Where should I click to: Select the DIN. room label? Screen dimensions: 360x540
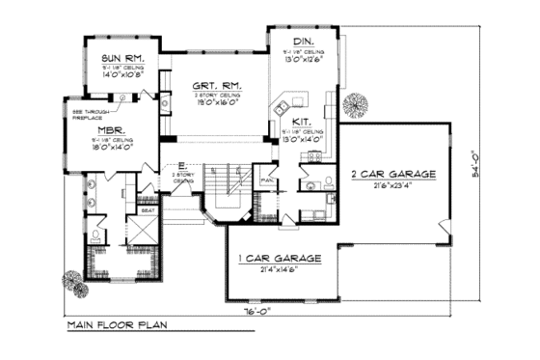click(x=304, y=42)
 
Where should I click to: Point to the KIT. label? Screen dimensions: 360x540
click(x=300, y=123)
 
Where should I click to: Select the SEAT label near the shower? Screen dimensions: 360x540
click(x=148, y=209)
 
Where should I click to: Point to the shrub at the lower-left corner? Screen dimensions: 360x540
click(x=73, y=281)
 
